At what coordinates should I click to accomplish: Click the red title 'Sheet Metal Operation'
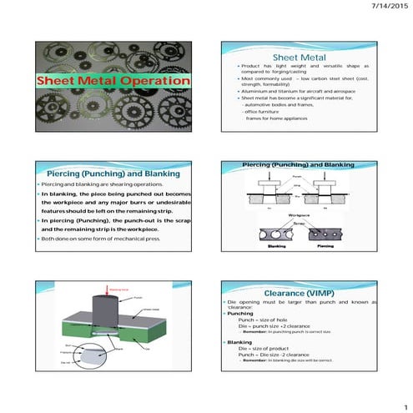pos(113,81)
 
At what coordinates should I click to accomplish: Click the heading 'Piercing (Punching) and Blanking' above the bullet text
pos(113,171)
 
